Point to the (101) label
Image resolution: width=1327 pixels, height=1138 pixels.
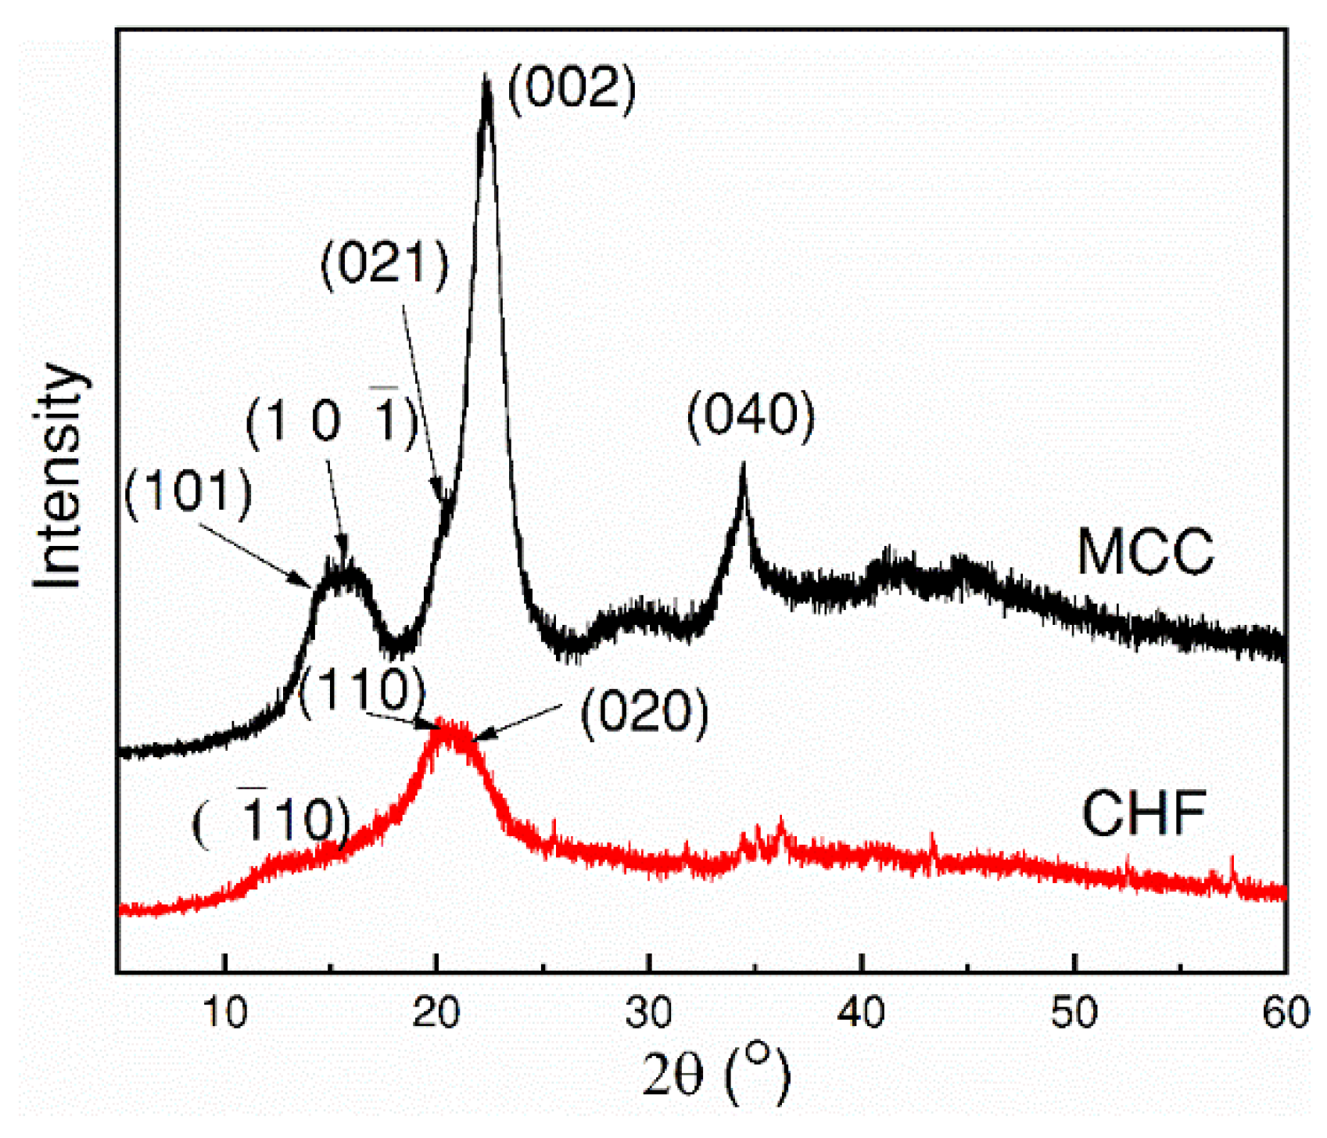188,494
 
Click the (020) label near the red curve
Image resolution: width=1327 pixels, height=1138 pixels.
644,713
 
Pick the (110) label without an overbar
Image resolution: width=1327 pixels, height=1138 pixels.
362,690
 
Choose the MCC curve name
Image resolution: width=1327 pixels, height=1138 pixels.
1145,552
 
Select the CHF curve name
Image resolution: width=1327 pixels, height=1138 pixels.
1143,814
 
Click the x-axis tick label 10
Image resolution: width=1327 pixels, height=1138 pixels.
225,1013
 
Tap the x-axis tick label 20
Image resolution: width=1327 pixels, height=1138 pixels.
436,1013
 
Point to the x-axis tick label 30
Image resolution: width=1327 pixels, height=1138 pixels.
649,1013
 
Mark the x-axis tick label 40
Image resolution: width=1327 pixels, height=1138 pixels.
861,1013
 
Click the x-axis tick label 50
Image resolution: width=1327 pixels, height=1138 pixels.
1074,1013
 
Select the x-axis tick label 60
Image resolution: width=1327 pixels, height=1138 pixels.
1286,1013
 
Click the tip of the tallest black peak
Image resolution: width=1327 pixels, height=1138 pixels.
486,77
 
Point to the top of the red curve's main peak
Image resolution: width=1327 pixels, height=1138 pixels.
450,723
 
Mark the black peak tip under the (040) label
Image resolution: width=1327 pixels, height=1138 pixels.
744,465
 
